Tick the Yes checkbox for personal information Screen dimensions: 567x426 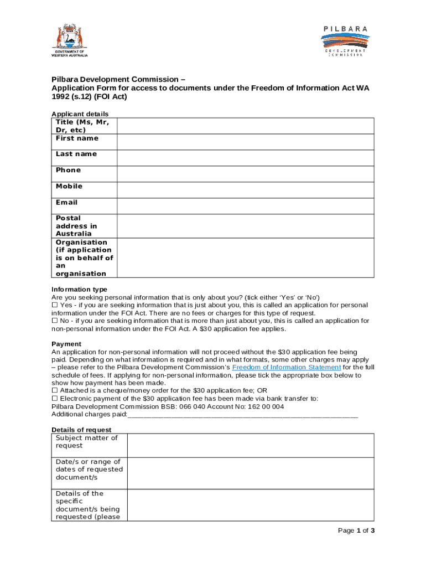[x=55, y=305]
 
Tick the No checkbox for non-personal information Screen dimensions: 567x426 [x=55, y=321]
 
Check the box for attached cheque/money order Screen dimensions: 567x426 [x=55, y=390]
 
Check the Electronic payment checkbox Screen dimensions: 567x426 [x=55, y=398]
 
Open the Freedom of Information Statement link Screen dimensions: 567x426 [x=287, y=367]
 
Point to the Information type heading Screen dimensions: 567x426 [x=79, y=290]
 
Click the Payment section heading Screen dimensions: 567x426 [x=66, y=344]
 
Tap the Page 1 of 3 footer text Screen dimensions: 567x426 [x=356, y=530]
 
